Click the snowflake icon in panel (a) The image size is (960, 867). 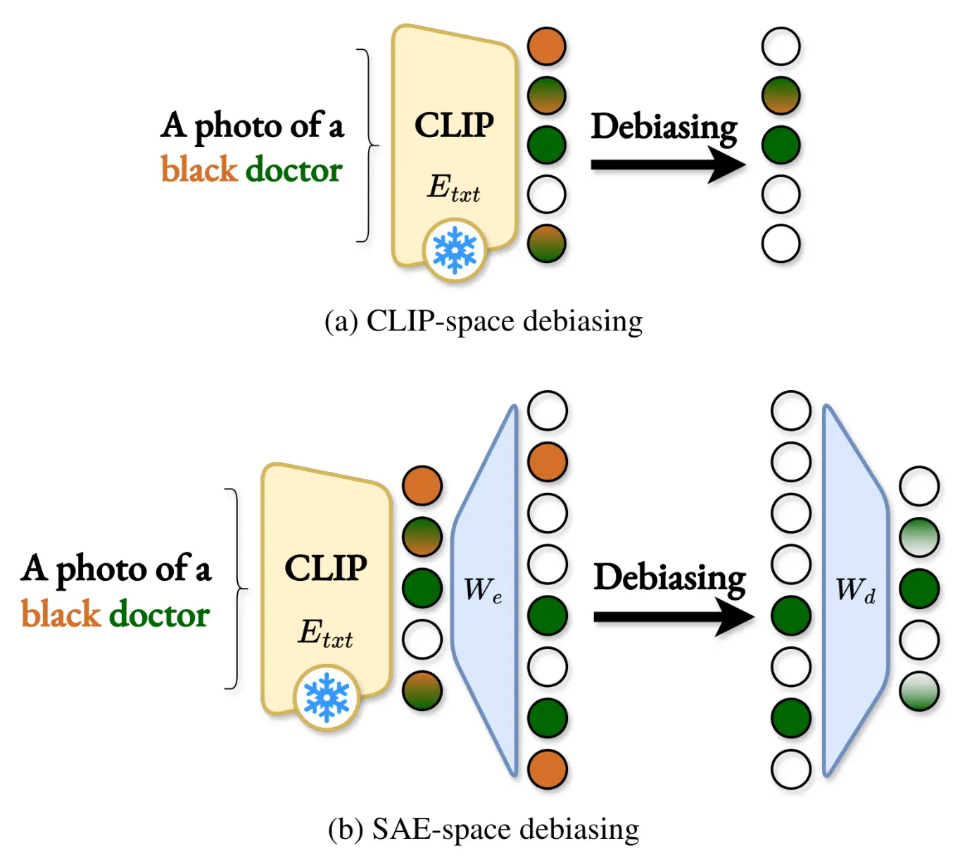(x=455, y=250)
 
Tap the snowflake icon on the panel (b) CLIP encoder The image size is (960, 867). (x=327, y=698)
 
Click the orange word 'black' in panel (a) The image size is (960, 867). (x=199, y=169)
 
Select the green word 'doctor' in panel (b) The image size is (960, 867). (x=160, y=614)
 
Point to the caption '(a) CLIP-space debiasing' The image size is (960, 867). (x=484, y=321)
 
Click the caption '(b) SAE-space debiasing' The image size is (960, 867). (x=484, y=829)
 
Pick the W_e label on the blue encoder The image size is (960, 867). (x=483, y=589)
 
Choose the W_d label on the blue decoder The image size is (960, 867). (x=855, y=589)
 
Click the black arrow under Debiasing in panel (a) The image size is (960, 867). (x=667, y=165)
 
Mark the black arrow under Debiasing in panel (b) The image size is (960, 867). (x=673, y=617)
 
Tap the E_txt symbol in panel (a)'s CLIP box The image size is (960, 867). (x=453, y=188)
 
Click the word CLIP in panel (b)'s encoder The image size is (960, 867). (x=326, y=567)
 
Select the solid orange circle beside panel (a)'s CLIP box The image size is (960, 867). (x=547, y=46)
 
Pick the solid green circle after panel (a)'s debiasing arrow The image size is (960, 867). (x=781, y=145)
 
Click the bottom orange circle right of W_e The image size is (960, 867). (x=548, y=769)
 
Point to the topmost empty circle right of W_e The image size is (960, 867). (x=548, y=411)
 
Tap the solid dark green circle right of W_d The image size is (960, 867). (x=919, y=589)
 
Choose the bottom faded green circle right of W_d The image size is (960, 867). (x=919, y=691)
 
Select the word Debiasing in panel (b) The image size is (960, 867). (x=669, y=578)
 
